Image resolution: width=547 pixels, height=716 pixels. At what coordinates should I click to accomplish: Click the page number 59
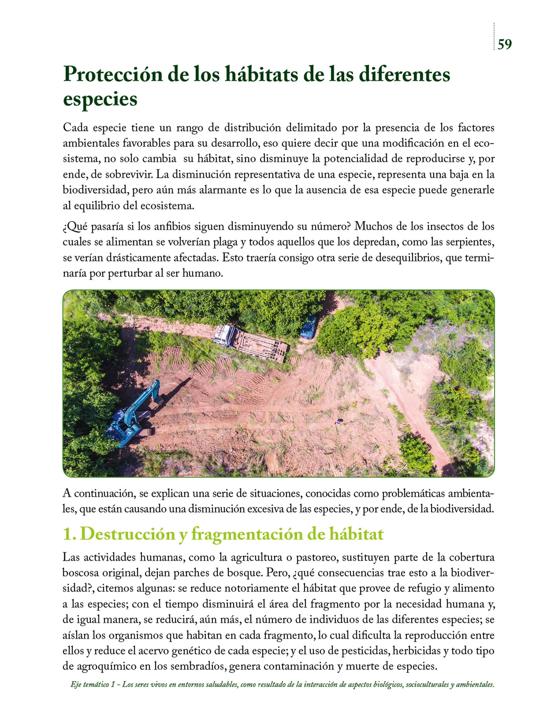pos(504,44)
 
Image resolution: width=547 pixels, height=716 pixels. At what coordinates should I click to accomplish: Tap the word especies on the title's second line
pos(100,100)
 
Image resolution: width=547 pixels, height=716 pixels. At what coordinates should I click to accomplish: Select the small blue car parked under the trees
pos(308,327)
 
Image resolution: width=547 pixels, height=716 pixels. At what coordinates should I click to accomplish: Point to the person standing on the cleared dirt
pos(338,422)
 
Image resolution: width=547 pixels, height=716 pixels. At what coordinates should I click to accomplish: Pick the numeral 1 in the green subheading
pos(68,534)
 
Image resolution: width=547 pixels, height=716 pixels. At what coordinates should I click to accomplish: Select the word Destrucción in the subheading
pos(127,534)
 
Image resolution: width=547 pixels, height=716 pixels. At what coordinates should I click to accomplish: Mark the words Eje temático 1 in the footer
pos(93,685)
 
